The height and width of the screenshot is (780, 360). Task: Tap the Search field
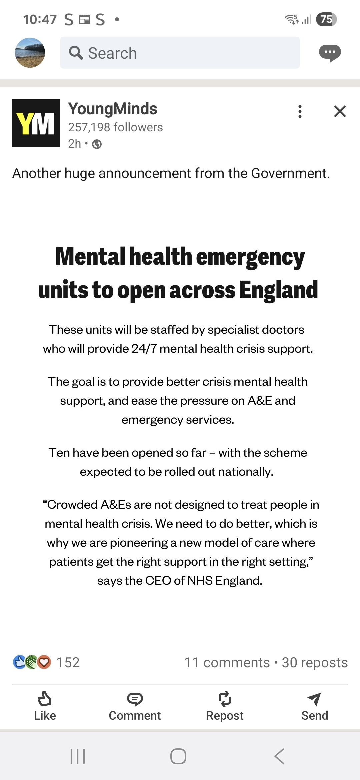click(180, 53)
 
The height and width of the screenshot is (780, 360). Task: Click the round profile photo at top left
click(30, 53)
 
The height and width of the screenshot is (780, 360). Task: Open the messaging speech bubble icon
click(330, 53)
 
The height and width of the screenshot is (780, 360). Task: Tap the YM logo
click(36, 123)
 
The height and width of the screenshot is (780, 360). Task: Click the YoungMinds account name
click(113, 109)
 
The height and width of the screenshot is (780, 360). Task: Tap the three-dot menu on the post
click(300, 111)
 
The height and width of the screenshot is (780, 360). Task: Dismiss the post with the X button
click(340, 111)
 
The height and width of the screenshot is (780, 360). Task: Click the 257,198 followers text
click(115, 127)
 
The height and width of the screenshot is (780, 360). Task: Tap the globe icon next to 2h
click(97, 144)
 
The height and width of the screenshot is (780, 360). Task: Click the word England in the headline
click(278, 290)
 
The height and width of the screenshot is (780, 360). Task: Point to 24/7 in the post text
click(144, 349)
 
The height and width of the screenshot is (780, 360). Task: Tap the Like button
click(45, 706)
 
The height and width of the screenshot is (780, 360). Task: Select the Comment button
click(135, 706)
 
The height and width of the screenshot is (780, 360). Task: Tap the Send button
click(314, 706)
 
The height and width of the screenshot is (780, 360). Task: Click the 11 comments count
click(227, 663)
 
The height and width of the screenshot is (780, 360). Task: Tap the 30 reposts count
click(315, 663)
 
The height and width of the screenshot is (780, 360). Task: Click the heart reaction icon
click(44, 662)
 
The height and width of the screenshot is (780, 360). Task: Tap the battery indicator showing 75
click(326, 19)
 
